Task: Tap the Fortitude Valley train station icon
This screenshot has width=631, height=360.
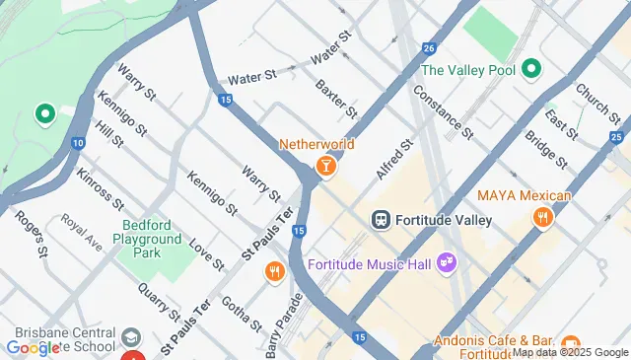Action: pyautogui.click(x=381, y=219)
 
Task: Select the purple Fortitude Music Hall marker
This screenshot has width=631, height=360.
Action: pyautogui.click(x=447, y=263)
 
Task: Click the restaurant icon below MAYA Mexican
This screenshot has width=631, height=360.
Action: pyautogui.click(x=541, y=218)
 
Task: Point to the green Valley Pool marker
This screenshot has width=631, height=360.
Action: pyautogui.click(x=530, y=69)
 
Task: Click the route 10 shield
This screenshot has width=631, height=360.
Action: pyautogui.click(x=77, y=144)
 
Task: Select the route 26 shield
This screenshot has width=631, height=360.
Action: pyautogui.click(x=428, y=46)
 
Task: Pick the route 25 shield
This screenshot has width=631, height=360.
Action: pyautogui.click(x=616, y=137)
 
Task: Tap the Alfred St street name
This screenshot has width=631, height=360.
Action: pyautogui.click(x=391, y=161)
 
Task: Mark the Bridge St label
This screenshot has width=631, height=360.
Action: pyautogui.click(x=545, y=149)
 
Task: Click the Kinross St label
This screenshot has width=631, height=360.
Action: pyautogui.click(x=99, y=189)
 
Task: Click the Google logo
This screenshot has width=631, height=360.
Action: pyautogui.click(x=33, y=348)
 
